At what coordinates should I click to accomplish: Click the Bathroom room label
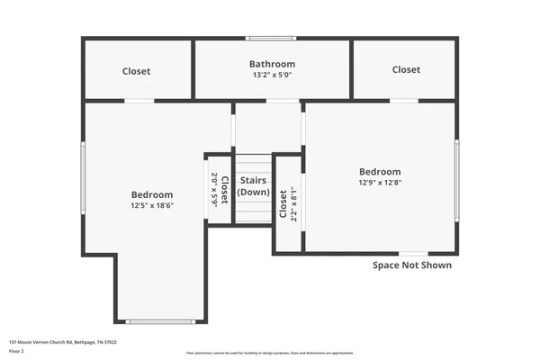point(272,64)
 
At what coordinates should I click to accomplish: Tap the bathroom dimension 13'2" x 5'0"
point(272,75)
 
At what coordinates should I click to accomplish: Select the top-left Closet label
point(137,71)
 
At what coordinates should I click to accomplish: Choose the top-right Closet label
point(406,69)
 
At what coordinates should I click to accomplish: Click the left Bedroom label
point(151,194)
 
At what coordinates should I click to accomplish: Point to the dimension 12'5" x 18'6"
point(151,206)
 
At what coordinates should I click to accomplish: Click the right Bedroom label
point(380,172)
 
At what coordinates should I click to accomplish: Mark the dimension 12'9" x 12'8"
point(380,183)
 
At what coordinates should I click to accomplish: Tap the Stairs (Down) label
point(253,186)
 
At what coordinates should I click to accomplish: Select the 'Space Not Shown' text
point(412,265)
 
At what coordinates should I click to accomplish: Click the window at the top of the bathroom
point(272,38)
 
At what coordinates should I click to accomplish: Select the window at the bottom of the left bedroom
point(159,321)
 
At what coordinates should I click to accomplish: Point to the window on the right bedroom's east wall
point(457,180)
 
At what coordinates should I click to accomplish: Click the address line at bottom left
point(63,343)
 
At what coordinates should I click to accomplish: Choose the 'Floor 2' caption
point(16,351)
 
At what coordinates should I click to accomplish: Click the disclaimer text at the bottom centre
point(270,354)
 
